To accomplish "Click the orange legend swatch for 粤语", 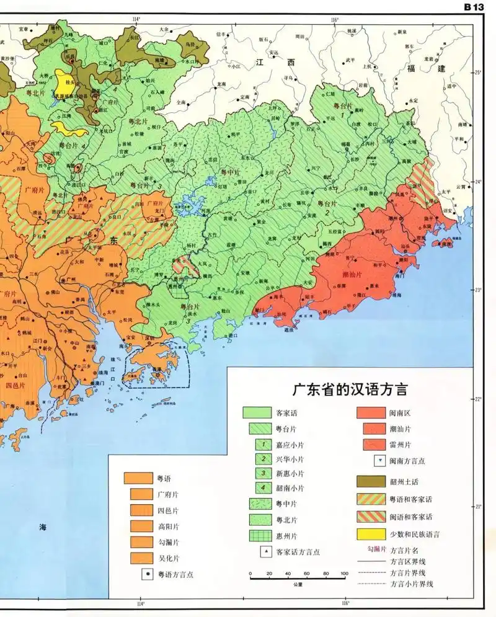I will [138, 478].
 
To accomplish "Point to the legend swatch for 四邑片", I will [142, 510].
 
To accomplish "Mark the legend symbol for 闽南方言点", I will [378, 461].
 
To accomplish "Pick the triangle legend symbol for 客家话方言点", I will [265, 551].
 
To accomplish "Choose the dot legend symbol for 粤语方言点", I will [147, 574].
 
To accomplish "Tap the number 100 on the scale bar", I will [343, 574].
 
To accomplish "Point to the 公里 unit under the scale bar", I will [298, 584].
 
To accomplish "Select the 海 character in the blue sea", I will [43, 527].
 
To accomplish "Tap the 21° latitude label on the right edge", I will [477, 507].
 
